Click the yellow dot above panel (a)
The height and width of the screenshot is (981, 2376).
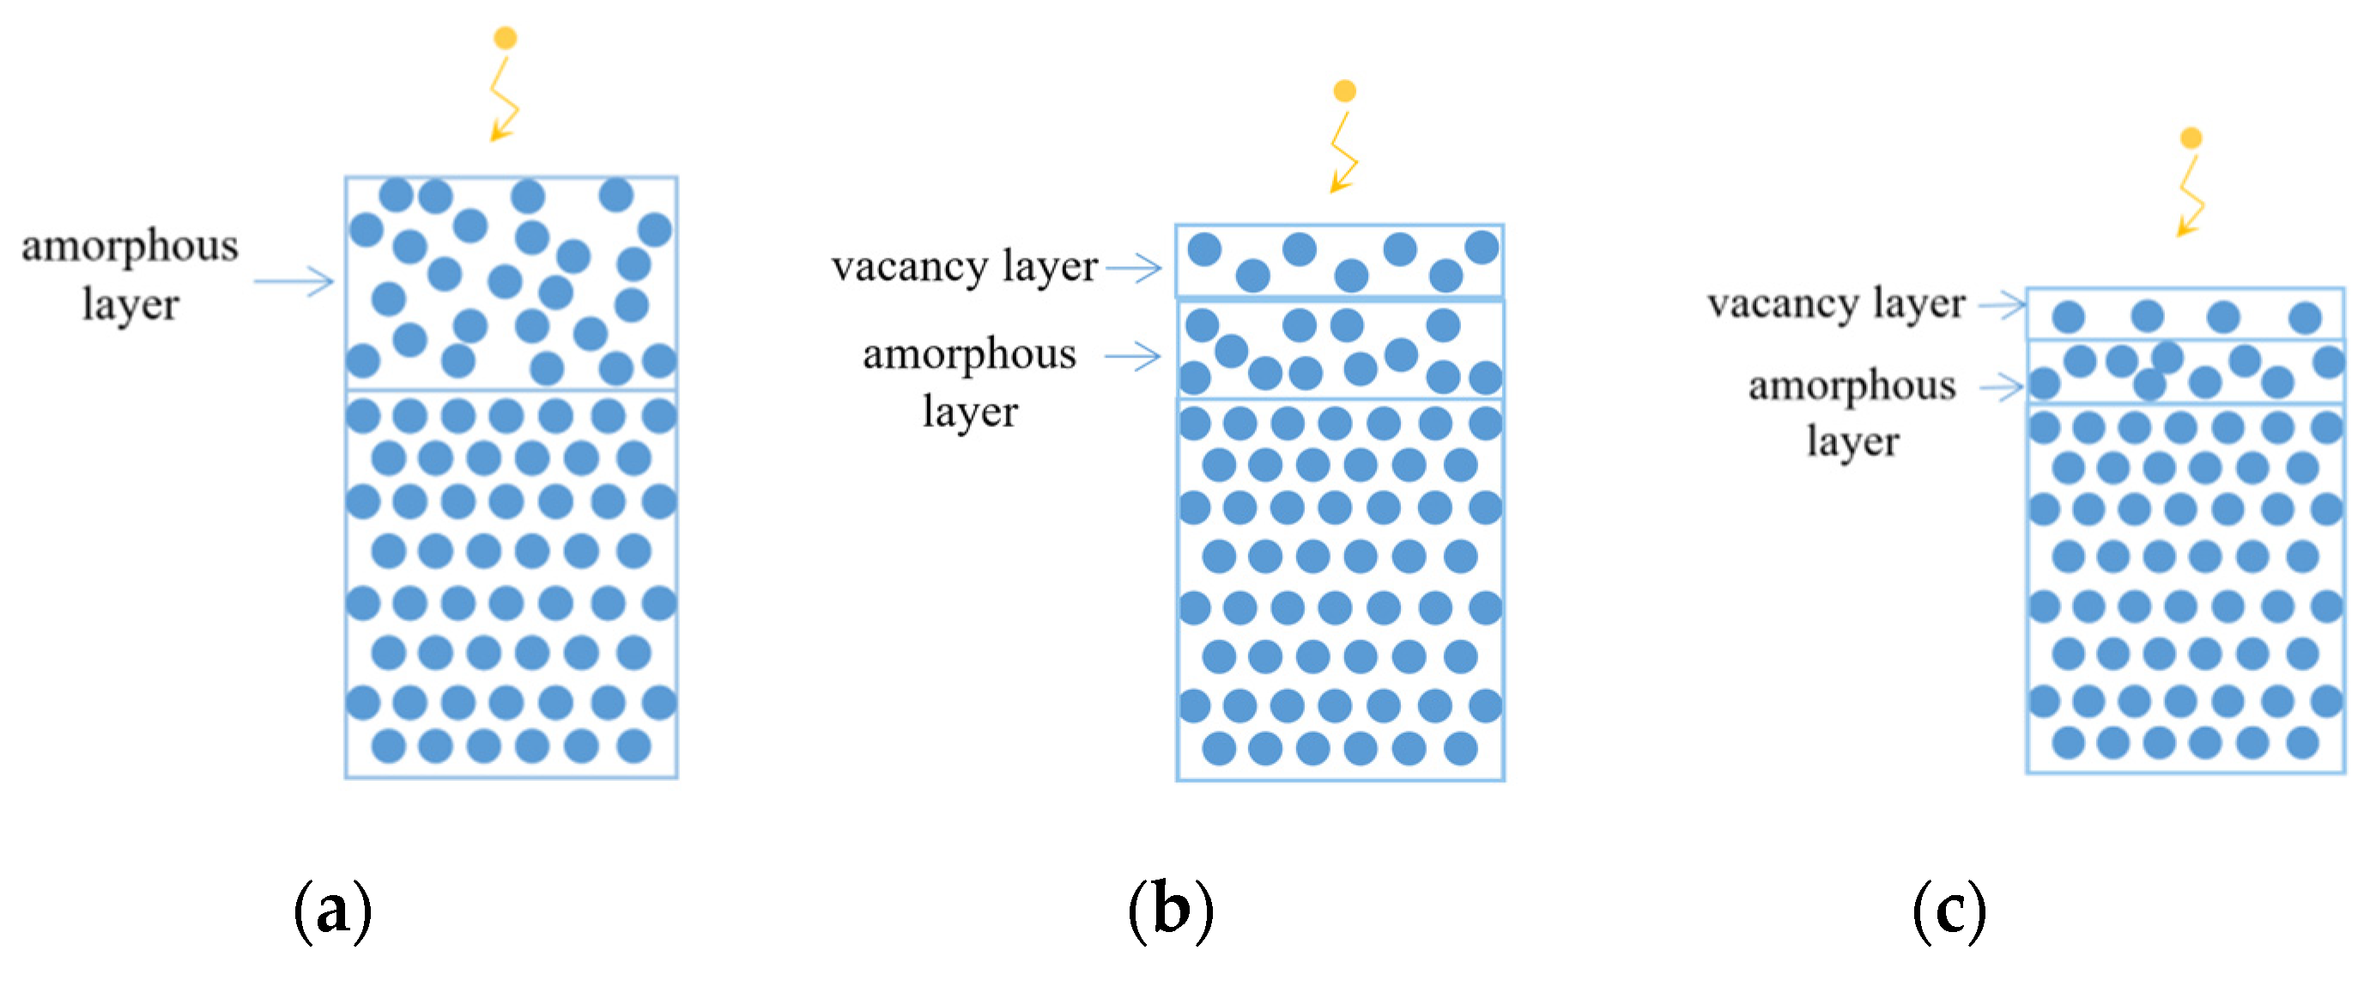coord(505,38)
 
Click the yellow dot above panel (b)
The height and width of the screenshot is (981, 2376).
coord(1345,90)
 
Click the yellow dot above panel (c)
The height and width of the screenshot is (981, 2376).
coord(2191,138)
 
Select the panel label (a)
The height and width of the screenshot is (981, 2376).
coord(333,911)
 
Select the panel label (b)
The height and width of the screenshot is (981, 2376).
coord(1172,911)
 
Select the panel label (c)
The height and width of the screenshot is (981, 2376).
coord(1949,911)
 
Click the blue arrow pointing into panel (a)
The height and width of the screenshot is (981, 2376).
coord(294,281)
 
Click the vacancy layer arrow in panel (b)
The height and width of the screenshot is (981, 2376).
coord(1134,268)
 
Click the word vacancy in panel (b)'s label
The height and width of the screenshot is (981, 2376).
coord(909,268)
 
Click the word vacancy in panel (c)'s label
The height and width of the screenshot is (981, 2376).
coord(1782,303)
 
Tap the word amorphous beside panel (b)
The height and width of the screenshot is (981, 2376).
coord(969,356)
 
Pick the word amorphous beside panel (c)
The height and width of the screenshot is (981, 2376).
coord(1852,386)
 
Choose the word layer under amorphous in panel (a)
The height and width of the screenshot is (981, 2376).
coord(130,305)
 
